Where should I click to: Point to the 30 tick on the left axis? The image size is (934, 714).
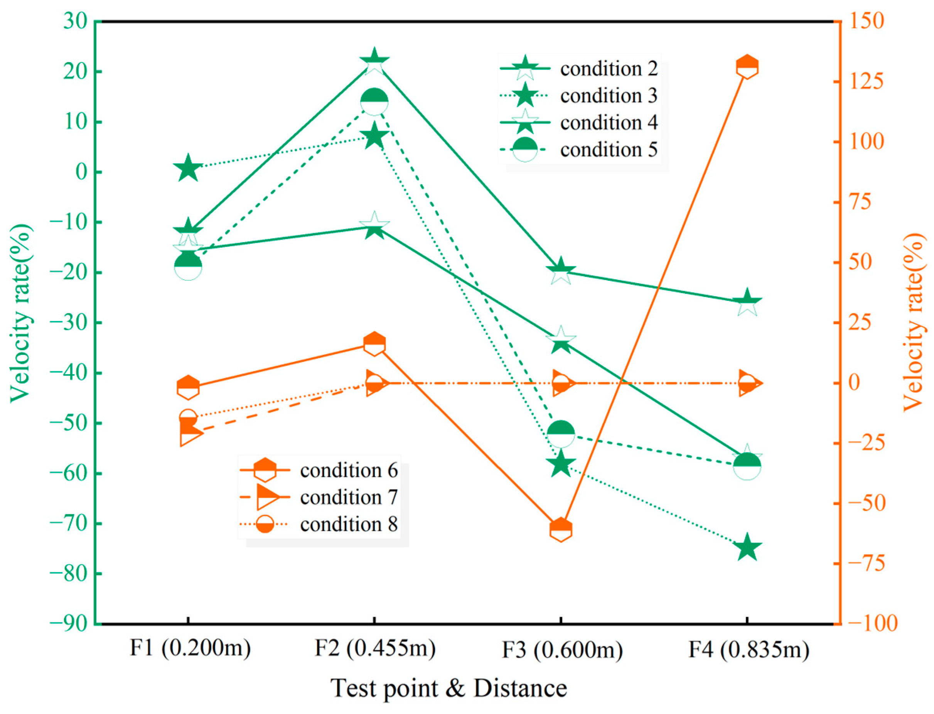(x=75, y=21)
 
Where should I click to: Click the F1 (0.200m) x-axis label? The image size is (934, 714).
(x=190, y=648)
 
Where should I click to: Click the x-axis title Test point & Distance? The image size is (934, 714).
(x=449, y=688)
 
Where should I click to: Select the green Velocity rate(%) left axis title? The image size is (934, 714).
(x=20, y=312)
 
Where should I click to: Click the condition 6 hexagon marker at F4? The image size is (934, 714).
(x=747, y=67)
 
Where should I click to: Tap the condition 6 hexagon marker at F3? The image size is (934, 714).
(x=560, y=530)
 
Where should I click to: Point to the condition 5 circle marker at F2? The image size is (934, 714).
(x=374, y=102)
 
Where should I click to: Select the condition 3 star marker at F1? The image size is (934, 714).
(x=188, y=169)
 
